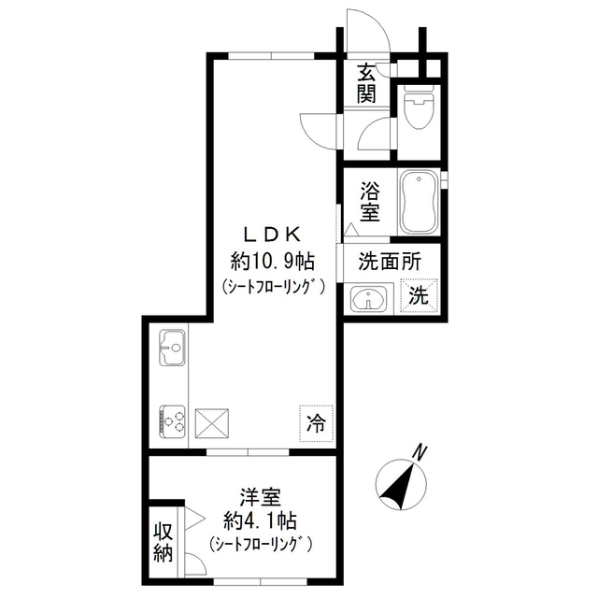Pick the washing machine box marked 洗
[x=420, y=297]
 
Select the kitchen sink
[x=173, y=351]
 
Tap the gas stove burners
[x=173, y=421]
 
